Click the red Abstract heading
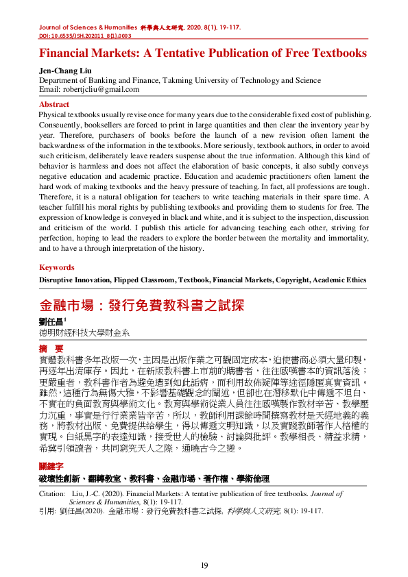click(x=55, y=104)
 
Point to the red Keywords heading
click(x=57, y=267)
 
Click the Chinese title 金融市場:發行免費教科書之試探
click(x=142, y=305)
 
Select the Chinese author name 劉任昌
click(x=51, y=321)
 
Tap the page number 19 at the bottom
click(x=204, y=565)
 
